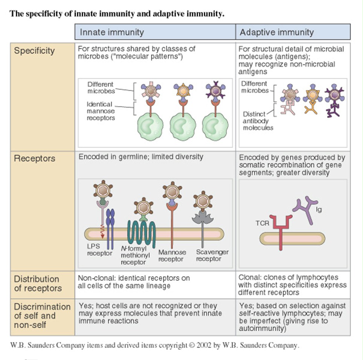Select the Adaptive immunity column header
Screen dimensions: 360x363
point(276,32)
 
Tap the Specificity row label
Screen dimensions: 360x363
point(34,51)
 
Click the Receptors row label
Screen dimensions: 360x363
point(34,158)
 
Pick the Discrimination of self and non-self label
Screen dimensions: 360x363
point(42,315)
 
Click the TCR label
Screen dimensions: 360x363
point(262,223)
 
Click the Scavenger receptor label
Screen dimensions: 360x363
point(212,255)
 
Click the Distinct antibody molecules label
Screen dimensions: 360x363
point(258,120)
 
